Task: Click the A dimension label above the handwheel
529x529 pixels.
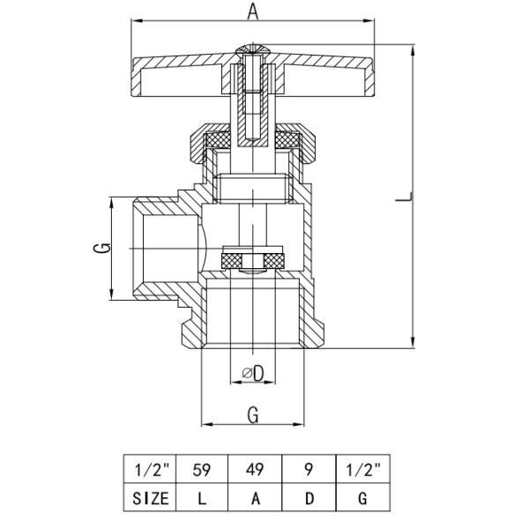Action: (x=253, y=11)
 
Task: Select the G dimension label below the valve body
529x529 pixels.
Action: (x=253, y=415)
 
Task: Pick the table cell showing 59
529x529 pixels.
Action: (x=202, y=469)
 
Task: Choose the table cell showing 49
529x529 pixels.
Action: (x=255, y=469)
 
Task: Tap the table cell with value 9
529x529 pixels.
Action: (x=308, y=469)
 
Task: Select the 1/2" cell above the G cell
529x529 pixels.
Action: (x=362, y=469)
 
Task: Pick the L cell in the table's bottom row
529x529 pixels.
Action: (x=202, y=498)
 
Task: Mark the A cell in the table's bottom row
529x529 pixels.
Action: (x=255, y=498)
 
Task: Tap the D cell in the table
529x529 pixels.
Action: (x=308, y=498)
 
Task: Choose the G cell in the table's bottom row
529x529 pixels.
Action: (x=362, y=498)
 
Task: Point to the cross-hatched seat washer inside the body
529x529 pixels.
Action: (x=252, y=261)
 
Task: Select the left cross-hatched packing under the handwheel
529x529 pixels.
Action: (x=217, y=140)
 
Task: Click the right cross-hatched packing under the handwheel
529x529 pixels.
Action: (x=287, y=140)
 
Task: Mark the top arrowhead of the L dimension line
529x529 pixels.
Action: (x=413, y=49)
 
